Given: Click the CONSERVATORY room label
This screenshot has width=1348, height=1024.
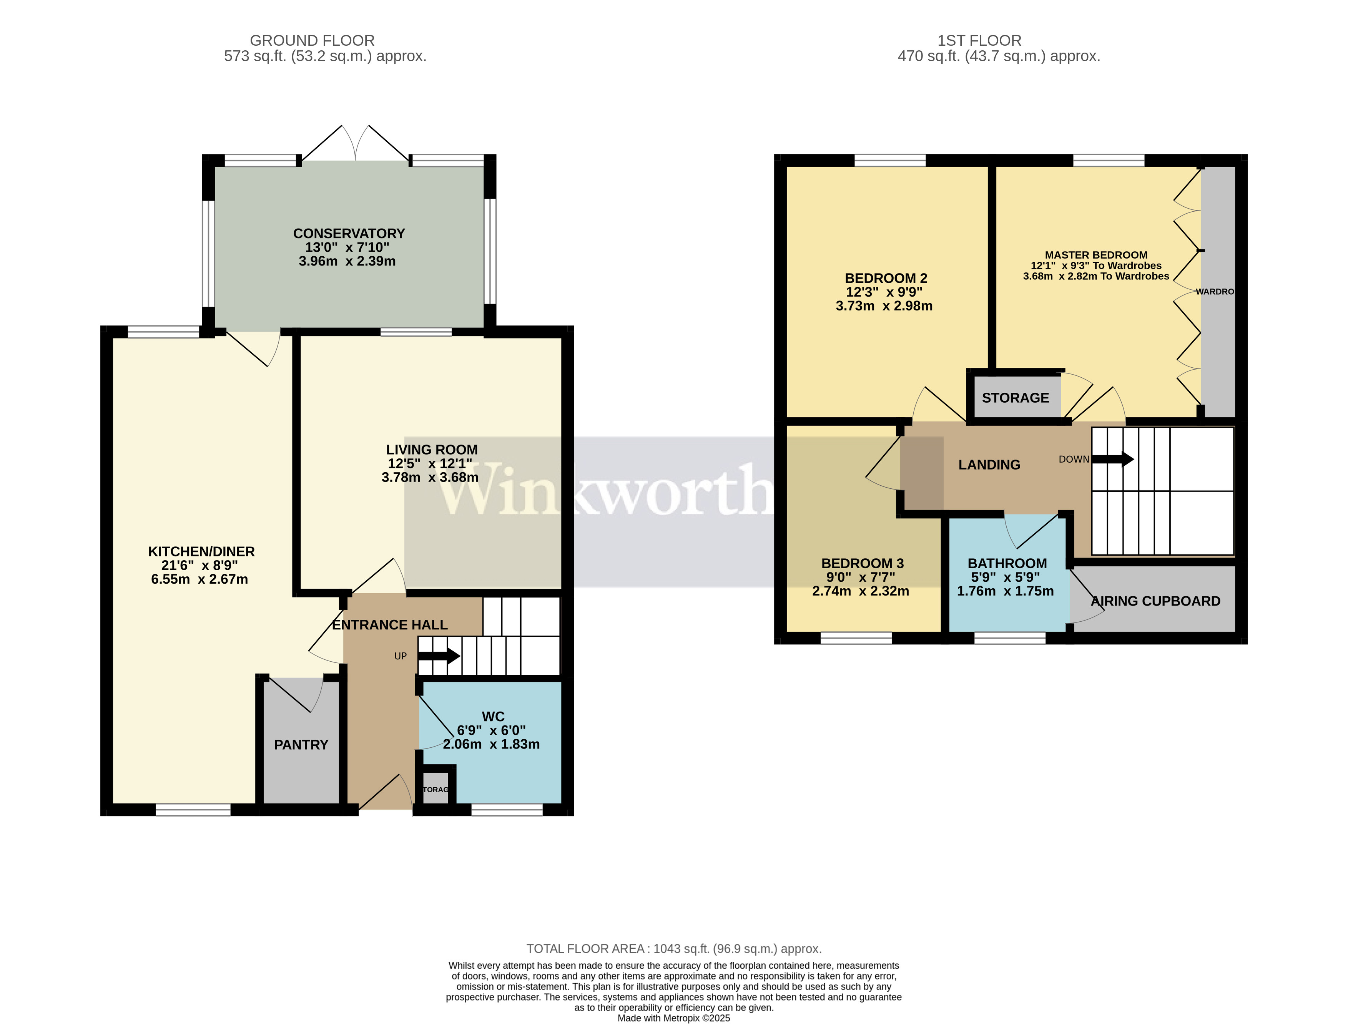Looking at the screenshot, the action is [x=349, y=234].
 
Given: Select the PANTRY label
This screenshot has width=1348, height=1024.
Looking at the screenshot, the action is [x=301, y=744].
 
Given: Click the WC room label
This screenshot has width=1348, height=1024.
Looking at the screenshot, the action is [x=493, y=716].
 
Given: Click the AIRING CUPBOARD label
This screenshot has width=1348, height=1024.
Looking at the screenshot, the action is [x=1155, y=601].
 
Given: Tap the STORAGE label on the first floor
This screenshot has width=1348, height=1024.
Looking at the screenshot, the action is [x=1015, y=398].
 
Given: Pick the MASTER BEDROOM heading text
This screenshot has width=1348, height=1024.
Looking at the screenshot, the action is [x=1096, y=255].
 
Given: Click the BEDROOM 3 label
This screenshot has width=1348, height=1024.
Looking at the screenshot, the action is [x=862, y=564].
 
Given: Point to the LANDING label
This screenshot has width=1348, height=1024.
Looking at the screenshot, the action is [x=989, y=465].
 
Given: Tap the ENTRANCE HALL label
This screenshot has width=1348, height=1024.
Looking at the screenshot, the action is [x=390, y=625].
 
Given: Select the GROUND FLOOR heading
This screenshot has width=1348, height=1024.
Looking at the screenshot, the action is [x=312, y=41].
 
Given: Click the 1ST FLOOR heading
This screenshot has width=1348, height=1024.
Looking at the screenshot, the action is [x=979, y=41].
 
